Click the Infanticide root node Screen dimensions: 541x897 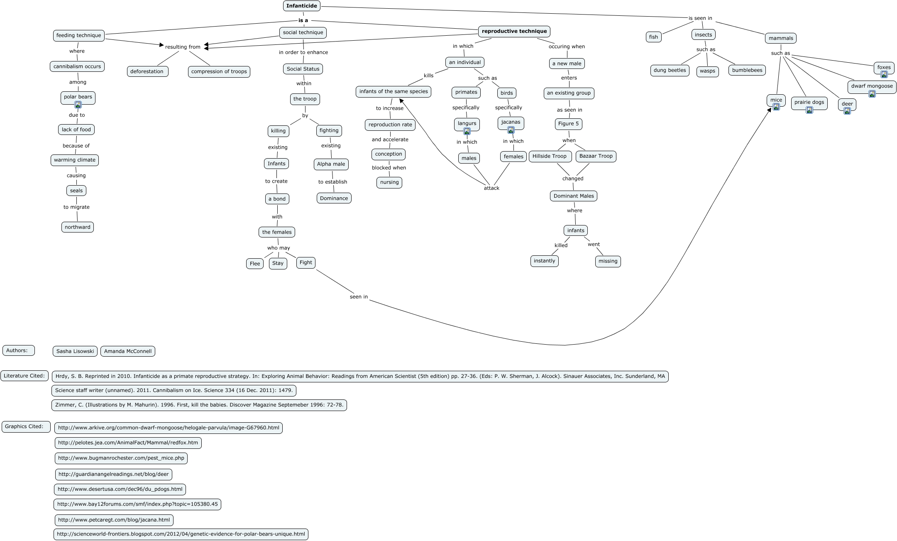tap(302, 6)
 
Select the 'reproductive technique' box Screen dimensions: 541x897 tap(514, 31)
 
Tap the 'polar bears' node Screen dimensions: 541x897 tap(78, 97)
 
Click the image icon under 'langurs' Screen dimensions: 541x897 tap(467, 132)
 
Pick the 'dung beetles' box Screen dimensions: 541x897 tap(670, 70)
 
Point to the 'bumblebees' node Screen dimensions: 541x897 tap(747, 70)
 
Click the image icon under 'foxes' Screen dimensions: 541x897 tap(884, 75)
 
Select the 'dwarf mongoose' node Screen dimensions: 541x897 tap(872, 86)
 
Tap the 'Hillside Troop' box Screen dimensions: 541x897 tap(549, 156)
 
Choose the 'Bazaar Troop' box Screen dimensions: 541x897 tap(596, 156)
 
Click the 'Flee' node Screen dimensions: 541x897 tap(255, 264)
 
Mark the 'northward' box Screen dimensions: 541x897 tap(78, 227)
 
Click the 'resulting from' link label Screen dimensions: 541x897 tap(183, 47)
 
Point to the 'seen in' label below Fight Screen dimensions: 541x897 tap(359, 297)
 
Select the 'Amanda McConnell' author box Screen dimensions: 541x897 tap(128, 351)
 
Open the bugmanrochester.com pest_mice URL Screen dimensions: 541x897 tap(121, 458)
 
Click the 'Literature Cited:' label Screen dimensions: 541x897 tap(24, 376)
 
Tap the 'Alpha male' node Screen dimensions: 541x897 tap(331, 164)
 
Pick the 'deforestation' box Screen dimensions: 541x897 tap(147, 71)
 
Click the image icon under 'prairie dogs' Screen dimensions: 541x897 tap(809, 110)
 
